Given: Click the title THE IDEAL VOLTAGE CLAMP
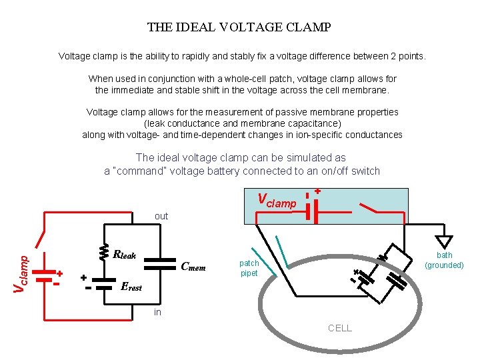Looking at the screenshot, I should coord(239,28).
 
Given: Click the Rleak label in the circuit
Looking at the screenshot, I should coord(125,254).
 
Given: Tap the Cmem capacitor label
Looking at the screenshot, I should coord(193,268).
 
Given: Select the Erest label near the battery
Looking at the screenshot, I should coord(131,287).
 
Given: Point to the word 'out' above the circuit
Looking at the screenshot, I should coord(161,216).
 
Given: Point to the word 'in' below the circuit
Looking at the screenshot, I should coord(157,312).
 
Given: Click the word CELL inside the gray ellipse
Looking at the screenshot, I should coord(340,328).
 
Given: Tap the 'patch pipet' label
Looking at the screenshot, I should coord(249,268).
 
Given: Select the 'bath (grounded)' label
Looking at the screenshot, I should coord(445,260).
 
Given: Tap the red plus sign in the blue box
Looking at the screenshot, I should coord(318,191).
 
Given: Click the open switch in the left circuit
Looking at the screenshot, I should coord(44,237).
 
